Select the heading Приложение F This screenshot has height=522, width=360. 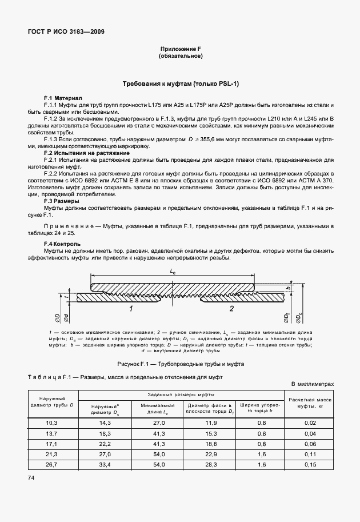pos(180,49)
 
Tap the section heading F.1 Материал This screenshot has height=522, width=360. pos(63,98)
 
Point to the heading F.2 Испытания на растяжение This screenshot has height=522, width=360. pos(87,153)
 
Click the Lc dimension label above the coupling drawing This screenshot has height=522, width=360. pos(172,273)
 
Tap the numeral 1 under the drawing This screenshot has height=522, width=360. pos(131,309)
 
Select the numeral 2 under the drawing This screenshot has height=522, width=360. pos(231,309)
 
